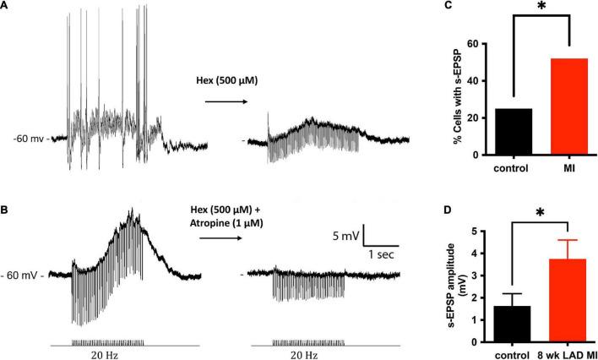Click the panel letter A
pyautogui.click(x=5, y=7)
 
